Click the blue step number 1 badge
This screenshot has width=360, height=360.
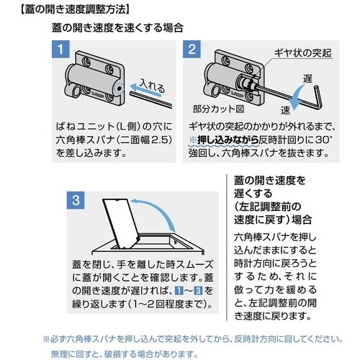[60, 49]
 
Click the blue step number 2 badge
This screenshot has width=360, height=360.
[192, 49]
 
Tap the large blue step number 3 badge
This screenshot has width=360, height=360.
[76, 200]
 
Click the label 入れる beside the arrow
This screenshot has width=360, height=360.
[153, 86]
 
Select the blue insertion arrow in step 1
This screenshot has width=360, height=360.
[145, 90]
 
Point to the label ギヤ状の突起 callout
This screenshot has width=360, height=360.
[303, 53]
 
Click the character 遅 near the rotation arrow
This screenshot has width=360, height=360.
[307, 78]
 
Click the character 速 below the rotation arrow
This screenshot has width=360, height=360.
[286, 110]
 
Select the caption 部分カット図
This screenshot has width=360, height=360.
[218, 109]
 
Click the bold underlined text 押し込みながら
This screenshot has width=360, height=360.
[228, 140]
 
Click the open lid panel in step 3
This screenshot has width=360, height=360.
[121, 223]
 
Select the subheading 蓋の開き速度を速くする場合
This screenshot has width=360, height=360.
[117, 28]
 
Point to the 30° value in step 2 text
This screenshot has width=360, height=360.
[323, 140]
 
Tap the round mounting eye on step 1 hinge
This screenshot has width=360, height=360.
[77, 92]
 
